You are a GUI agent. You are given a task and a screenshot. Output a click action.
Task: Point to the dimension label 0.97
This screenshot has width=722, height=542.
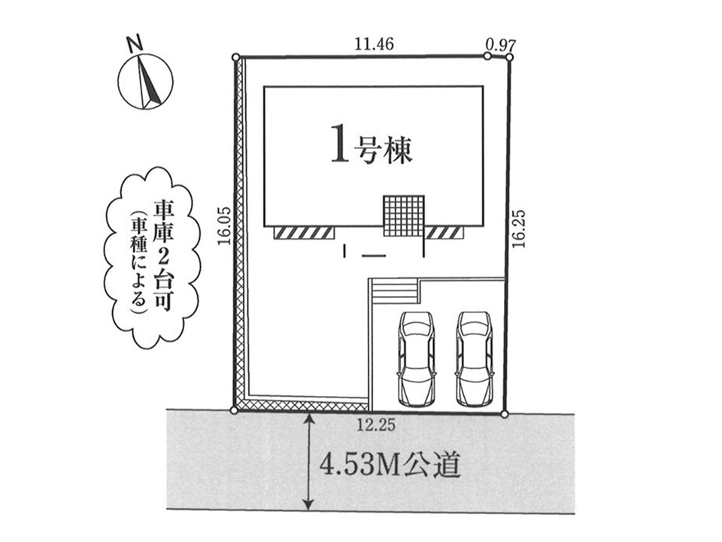pos(500,44)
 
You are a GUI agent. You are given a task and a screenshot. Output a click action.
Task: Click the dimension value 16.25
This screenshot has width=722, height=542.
pos(521,229)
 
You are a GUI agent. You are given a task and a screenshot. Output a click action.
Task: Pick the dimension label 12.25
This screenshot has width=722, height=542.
pos(377,425)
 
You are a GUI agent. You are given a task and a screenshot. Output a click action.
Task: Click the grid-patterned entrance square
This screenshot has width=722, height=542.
pos(404,217)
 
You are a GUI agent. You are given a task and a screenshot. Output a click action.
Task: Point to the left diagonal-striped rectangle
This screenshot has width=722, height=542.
pos(304,233)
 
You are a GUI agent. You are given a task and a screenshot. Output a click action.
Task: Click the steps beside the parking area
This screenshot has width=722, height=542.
pos(392,291)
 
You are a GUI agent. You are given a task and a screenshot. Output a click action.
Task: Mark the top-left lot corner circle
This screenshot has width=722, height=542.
pos(236,56)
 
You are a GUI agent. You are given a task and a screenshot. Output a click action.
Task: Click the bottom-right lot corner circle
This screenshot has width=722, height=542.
pos(504,413)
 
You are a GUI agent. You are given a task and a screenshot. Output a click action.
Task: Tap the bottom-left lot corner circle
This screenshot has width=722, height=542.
pos(234,410)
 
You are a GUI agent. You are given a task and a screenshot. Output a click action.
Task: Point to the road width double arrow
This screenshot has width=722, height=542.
pos(308,460)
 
